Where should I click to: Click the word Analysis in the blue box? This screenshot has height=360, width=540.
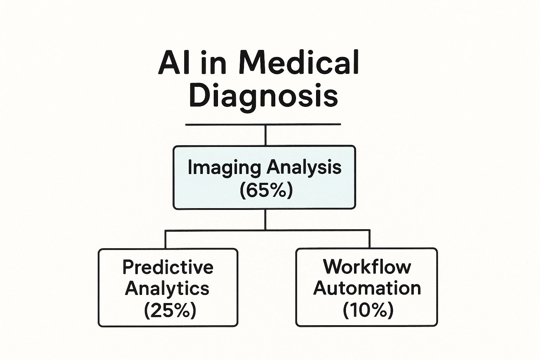304,168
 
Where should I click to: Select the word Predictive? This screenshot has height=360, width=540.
168,267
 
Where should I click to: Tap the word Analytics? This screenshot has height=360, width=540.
167,289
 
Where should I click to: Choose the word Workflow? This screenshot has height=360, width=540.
367,266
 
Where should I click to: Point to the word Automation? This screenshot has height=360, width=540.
367,288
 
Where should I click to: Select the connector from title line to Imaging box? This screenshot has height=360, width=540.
265,135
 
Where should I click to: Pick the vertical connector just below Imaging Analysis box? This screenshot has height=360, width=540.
265,219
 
